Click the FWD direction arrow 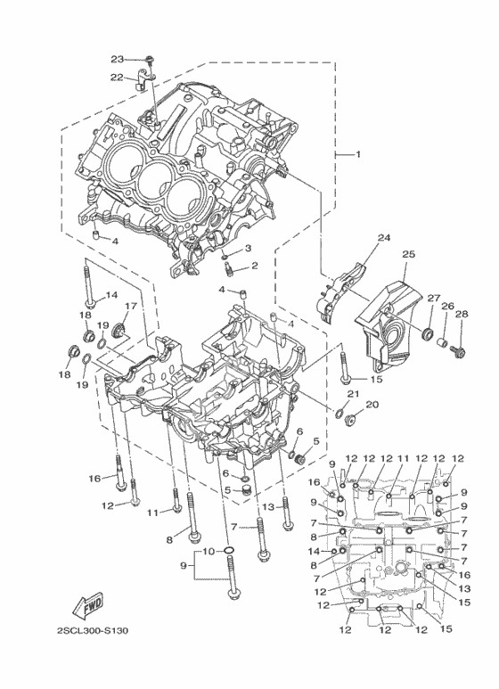87,604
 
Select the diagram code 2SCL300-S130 93,631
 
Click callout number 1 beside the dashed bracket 357,154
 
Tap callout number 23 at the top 118,59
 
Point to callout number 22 117,77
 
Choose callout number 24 384,238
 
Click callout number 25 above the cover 408,254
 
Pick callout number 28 462,314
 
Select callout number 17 131,306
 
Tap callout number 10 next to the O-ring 209,551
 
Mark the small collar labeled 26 444,341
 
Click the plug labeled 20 350,420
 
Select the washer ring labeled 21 339,413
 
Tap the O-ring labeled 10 228,550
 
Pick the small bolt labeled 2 228,268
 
